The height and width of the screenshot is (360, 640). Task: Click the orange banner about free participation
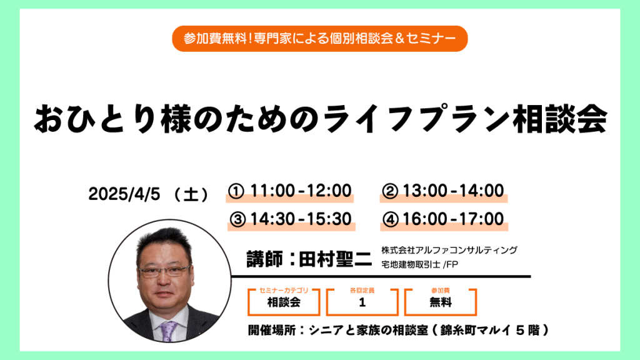click(319, 38)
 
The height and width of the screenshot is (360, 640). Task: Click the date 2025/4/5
click(124, 194)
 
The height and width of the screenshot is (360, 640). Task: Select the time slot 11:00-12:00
click(301, 191)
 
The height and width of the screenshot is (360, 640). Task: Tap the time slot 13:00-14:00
click(453, 191)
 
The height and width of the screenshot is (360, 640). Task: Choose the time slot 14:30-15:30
click(301, 219)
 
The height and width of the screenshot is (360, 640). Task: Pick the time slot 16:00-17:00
click(453, 219)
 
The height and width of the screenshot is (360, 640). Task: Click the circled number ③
click(237, 219)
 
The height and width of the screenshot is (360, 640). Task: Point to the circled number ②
click(390, 191)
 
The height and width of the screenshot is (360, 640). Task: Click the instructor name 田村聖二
click(335, 259)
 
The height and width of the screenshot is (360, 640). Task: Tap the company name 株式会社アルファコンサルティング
click(449, 250)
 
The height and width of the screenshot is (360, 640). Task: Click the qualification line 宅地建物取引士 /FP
click(419, 264)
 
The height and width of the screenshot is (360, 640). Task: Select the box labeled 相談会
click(284, 302)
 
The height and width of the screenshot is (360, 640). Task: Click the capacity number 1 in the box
click(362, 302)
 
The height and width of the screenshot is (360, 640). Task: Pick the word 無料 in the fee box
click(441, 302)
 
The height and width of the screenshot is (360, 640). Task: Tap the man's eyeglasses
click(164, 271)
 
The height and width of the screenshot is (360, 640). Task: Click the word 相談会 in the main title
click(561, 119)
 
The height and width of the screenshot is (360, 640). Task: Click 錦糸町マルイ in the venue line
click(475, 330)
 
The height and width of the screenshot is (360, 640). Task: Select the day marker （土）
click(191, 194)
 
